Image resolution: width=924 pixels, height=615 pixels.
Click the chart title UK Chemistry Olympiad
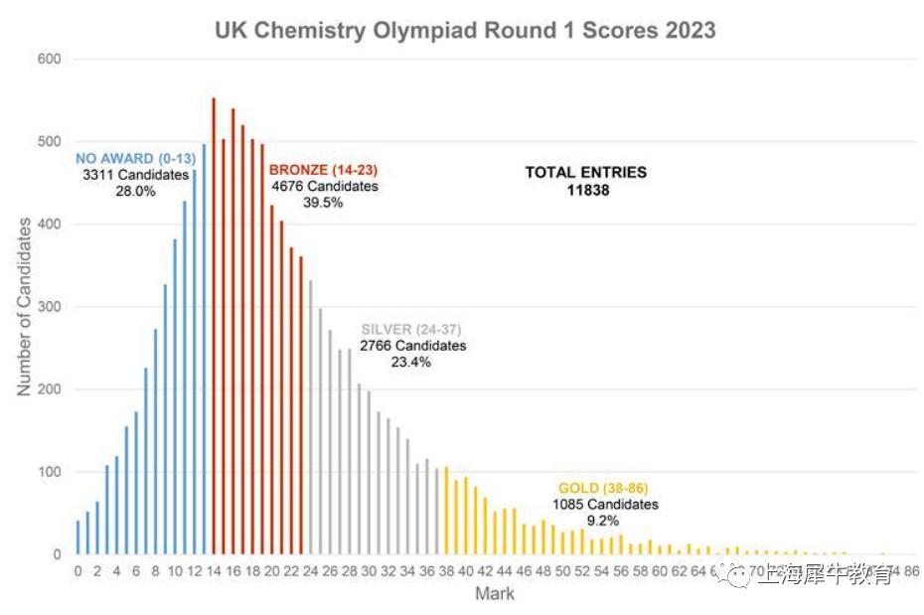(x=465, y=30)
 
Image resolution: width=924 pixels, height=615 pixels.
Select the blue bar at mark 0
(x=77, y=538)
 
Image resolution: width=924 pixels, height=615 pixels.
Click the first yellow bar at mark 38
(x=446, y=511)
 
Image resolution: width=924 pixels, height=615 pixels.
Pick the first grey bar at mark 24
(x=311, y=417)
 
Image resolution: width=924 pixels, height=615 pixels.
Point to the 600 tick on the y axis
(x=50, y=60)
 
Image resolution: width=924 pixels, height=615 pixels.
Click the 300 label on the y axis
(x=50, y=307)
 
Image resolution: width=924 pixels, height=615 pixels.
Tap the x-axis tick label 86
(x=912, y=572)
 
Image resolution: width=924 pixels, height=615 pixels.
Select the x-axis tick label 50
(x=563, y=572)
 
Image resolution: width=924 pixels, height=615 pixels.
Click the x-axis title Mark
(x=495, y=595)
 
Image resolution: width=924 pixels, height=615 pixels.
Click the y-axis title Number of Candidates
(x=24, y=307)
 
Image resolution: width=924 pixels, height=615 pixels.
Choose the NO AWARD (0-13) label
(x=128, y=159)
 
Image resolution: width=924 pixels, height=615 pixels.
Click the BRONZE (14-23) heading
(x=324, y=171)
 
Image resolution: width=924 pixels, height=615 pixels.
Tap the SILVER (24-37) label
(x=411, y=330)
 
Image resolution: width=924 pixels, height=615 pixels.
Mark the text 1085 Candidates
(x=606, y=505)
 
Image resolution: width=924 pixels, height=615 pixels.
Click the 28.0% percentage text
(x=135, y=191)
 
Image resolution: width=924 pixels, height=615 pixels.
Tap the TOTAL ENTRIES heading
(x=586, y=172)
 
